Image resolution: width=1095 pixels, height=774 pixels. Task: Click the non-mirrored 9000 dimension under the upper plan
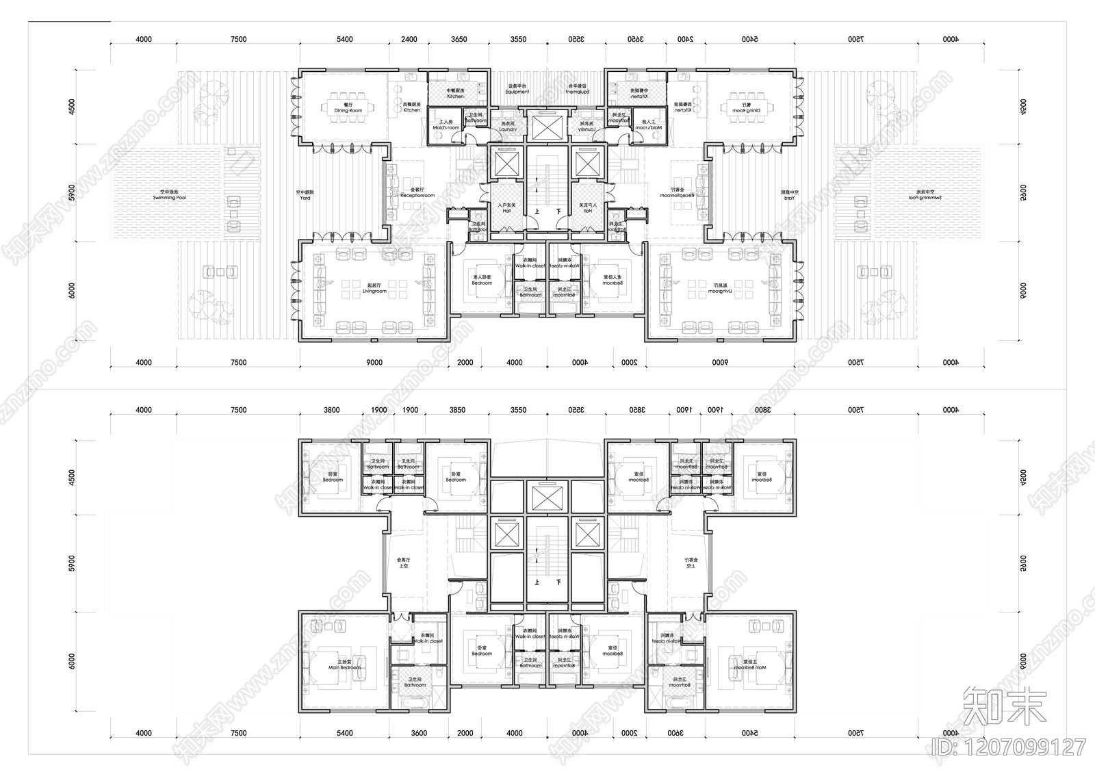[375, 363]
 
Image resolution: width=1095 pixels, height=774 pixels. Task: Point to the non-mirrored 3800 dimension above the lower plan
[331, 411]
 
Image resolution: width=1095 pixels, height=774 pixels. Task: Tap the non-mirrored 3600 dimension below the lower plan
[419, 733]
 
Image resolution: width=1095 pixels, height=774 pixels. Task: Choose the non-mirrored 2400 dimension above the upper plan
[409, 40]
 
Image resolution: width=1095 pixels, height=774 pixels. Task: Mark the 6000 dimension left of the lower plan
[72, 662]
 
